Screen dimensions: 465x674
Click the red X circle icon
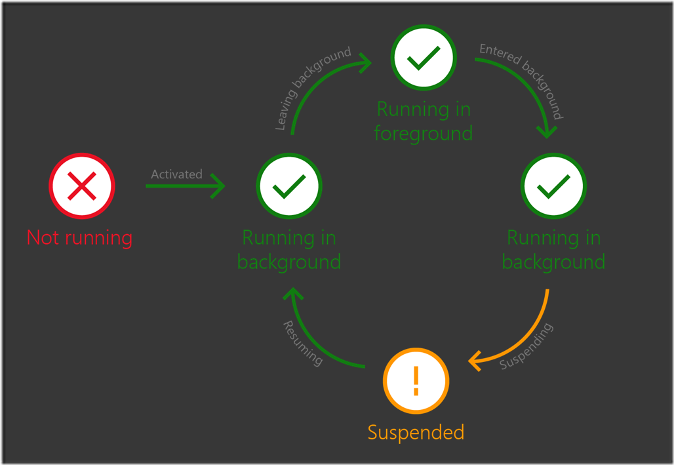click(x=82, y=186)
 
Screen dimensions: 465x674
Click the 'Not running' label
click(x=79, y=237)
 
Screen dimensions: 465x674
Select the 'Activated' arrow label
click(x=176, y=174)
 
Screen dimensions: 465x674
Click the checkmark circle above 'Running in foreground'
click(x=423, y=58)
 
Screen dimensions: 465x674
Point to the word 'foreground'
click(x=423, y=133)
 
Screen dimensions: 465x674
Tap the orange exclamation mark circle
click(x=416, y=381)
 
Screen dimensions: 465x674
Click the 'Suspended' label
click(x=416, y=433)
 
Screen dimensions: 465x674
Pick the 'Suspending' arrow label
click(x=526, y=346)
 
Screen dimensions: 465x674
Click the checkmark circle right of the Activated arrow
click(x=288, y=186)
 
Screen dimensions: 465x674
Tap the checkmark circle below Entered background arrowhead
click(x=553, y=186)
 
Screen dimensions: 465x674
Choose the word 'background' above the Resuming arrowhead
click(x=288, y=262)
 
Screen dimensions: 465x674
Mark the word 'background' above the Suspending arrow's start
click(x=553, y=262)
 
